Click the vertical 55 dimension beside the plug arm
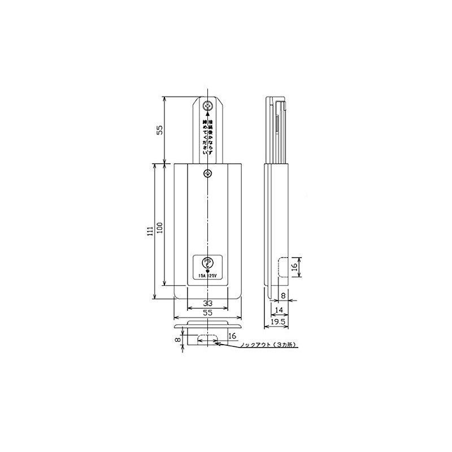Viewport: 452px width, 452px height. [160, 129]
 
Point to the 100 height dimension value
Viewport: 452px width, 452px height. [160, 226]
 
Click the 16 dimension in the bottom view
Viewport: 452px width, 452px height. [232, 336]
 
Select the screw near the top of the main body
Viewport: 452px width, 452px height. [208, 173]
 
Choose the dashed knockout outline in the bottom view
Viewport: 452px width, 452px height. [208, 339]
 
